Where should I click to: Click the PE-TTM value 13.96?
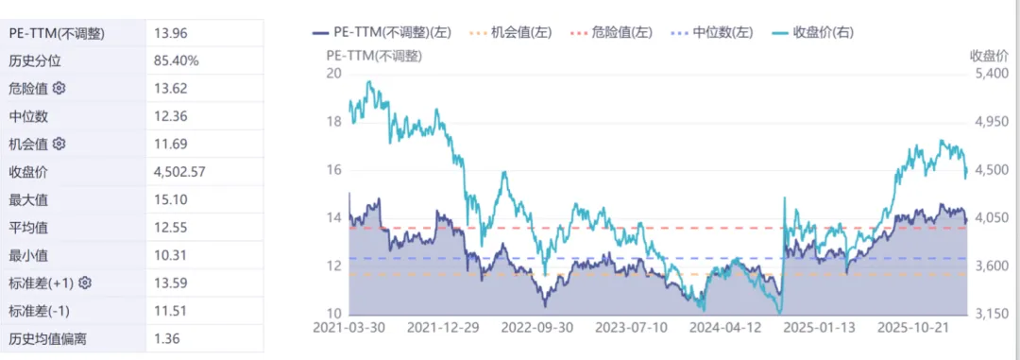click(x=170, y=33)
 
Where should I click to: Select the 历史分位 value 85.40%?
click(x=176, y=60)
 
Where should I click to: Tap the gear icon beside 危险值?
click(x=59, y=88)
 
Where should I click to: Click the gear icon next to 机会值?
click(x=59, y=144)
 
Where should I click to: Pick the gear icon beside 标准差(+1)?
click(x=85, y=283)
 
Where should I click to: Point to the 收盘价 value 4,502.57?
click(x=179, y=171)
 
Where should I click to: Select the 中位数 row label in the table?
click(x=28, y=116)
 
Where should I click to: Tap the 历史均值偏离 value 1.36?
click(x=166, y=338)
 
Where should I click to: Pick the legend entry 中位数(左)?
click(x=712, y=32)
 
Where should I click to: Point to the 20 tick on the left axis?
click(x=331, y=74)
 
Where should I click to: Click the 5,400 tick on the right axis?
click(x=991, y=74)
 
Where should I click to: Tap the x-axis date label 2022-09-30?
click(x=537, y=327)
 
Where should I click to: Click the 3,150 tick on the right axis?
click(x=991, y=314)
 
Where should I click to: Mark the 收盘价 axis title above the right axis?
click(x=989, y=55)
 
